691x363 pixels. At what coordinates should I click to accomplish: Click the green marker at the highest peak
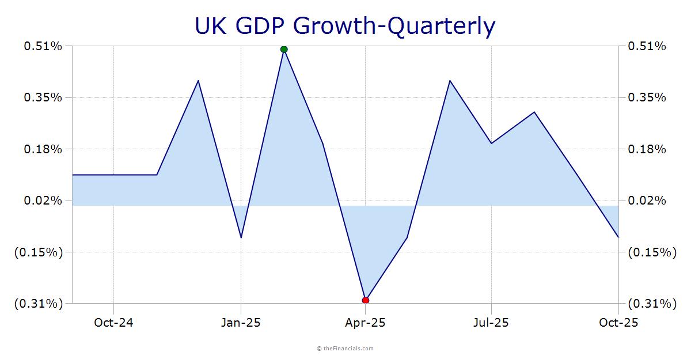[x=284, y=49]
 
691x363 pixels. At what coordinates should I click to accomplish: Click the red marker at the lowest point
[x=366, y=300]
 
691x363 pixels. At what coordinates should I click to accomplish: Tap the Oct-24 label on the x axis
[x=113, y=323]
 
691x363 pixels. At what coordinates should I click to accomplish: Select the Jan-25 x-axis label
[x=241, y=323]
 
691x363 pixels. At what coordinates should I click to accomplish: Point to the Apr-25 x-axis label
[x=366, y=323]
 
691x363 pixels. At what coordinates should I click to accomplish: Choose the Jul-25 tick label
[x=491, y=323]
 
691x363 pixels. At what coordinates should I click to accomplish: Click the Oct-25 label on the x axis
[x=618, y=323]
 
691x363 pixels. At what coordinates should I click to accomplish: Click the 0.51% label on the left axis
[x=43, y=46]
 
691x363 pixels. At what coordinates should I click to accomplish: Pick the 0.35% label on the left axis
[x=43, y=97]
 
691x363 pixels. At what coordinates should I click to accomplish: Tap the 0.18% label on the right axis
[x=647, y=149]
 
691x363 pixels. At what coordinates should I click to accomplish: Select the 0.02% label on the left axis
[x=43, y=201]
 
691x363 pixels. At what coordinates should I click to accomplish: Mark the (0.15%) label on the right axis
[x=652, y=252]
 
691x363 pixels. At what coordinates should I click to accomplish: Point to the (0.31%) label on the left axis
[x=39, y=304]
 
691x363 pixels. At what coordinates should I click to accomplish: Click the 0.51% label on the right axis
[x=647, y=46]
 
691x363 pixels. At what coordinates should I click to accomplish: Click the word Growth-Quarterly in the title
[x=394, y=27]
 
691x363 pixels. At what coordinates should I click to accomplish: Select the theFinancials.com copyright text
[x=345, y=348]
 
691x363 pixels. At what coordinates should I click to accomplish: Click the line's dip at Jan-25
[x=241, y=237]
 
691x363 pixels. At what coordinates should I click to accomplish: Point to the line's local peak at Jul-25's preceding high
[x=450, y=81]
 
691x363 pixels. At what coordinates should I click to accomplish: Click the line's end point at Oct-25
[x=618, y=237]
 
